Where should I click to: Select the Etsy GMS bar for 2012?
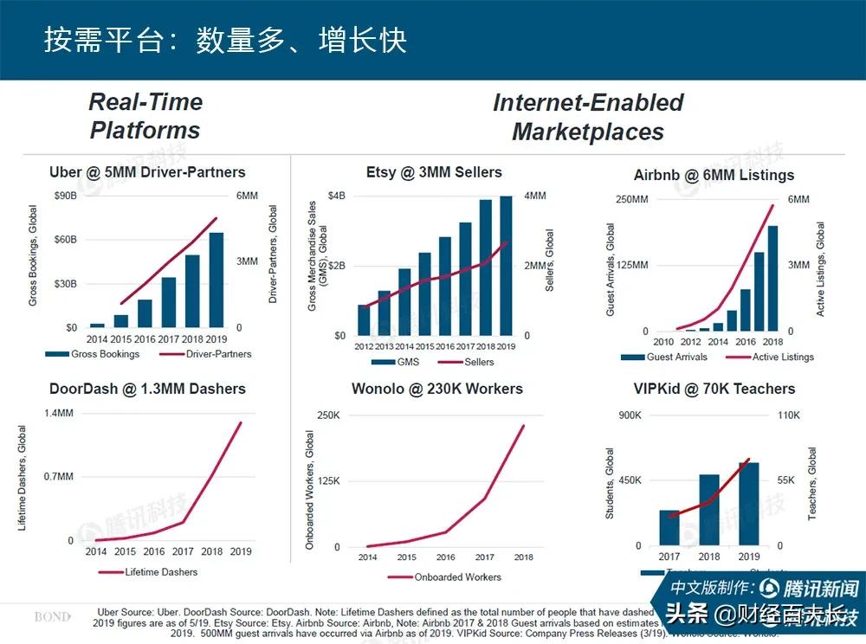tap(364, 319)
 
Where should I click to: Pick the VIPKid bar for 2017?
tap(669, 527)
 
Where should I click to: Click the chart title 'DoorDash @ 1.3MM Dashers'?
tap(147, 389)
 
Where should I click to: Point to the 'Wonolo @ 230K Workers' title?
tap(436, 389)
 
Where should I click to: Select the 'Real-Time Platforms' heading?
tap(145, 116)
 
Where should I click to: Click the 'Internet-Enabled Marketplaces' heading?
tap(588, 117)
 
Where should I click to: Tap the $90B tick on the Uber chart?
tap(66, 196)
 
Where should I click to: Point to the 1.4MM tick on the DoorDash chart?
tap(59, 413)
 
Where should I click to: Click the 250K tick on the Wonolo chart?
tap(328, 415)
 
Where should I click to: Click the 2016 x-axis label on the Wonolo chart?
tap(445, 557)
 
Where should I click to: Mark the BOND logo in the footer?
tap(52, 617)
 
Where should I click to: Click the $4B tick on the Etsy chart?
tap(336, 196)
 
